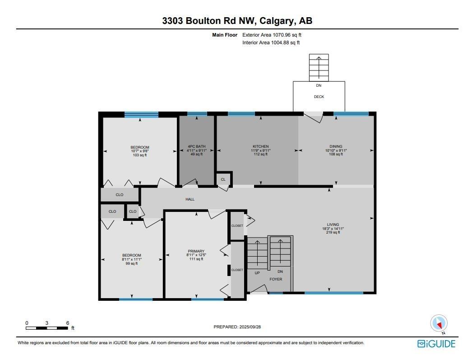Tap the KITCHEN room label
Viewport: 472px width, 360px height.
[260, 146]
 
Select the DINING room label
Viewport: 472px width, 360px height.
[336, 146]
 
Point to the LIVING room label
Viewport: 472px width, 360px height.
[333, 224]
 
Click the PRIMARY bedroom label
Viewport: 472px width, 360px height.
[196, 251]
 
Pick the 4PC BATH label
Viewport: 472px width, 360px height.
[197, 146]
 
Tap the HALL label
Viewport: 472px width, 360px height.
[190, 199]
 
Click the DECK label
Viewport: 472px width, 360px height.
[319, 97]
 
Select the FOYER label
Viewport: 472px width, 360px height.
[276, 279]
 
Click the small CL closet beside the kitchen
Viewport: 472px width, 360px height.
[223, 179]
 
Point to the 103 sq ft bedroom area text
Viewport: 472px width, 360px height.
[140, 155]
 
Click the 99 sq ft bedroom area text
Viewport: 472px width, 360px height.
[132, 263]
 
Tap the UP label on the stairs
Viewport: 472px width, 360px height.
[257, 272]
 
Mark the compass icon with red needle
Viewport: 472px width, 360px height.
[439, 323]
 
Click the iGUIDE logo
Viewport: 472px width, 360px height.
[436, 344]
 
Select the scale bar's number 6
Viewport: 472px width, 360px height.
[67, 323]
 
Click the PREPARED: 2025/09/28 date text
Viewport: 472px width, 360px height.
[243, 327]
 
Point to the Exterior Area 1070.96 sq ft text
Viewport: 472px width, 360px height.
[272, 35]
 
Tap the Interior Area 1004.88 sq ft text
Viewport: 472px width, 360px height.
[271, 43]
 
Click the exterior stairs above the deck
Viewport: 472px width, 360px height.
[319, 67]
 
